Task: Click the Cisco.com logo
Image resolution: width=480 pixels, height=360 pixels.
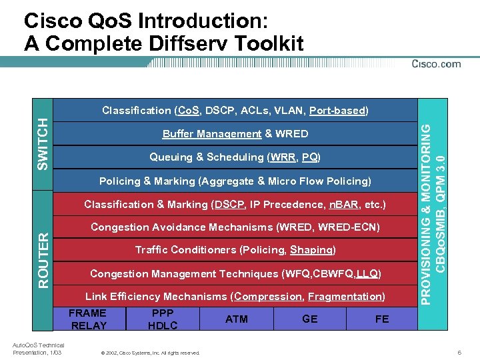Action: pyautogui.click(x=436, y=64)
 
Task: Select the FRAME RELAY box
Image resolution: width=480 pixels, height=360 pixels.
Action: pyautogui.click(x=89, y=319)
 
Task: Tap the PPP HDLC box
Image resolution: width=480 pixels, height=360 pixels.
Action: pyautogui.click(x=163, y=319)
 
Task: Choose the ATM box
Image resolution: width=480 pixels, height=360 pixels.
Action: pyautogui.click(x=237, y=319)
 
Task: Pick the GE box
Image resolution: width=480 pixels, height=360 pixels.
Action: pyautogui.click(x=310, y=319)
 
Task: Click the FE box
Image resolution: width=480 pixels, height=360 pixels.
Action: pyautogui.click(x=382, y=319)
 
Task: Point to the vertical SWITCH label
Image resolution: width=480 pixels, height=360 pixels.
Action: pyautogui.click(x=43, y=143)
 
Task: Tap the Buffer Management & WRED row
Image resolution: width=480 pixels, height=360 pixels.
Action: pyautogui.click(x=235, y=134)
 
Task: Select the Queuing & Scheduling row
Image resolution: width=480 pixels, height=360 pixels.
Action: pyautogui.click(x=235, y=157)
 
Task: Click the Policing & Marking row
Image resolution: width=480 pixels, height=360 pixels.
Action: pyautogui.click(x=235, y=181)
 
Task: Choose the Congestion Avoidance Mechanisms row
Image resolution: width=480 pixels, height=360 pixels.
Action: pyautogui.click(x=235, y=227)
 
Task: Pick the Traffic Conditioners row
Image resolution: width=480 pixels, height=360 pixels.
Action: pyautogui.click(x=235, y=250)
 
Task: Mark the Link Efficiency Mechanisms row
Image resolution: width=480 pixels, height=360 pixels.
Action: pyautogui.click(x=235, y=296)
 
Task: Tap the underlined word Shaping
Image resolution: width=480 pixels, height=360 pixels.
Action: pyautogui.click(x=311, y=250)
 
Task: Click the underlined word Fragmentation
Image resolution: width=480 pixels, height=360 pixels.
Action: pyautogui.click(x=346, y=296)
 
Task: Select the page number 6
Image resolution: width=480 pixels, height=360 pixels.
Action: pyautogui.click(x=459, y=352)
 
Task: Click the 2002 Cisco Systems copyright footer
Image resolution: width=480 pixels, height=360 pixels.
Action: pyautogui.click(x=149, y=353)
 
